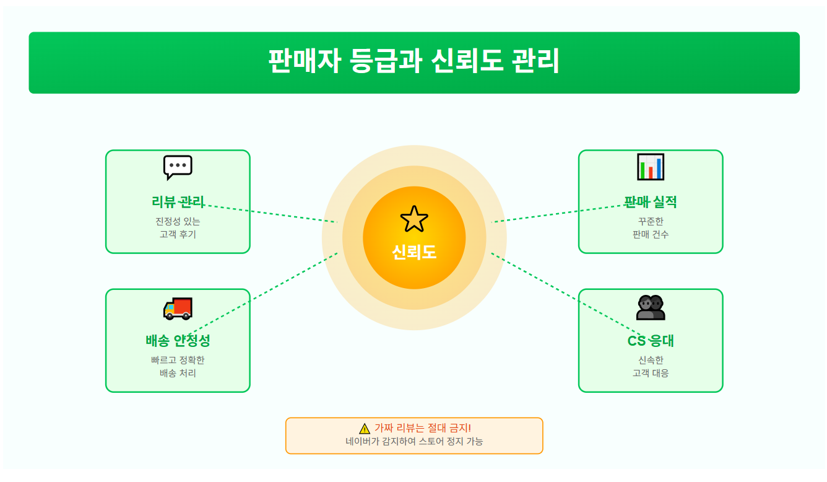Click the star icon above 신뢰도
click(x=414, y=219)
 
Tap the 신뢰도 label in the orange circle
click(x=414, y=252)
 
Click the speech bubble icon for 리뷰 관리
click(x=178, y=167)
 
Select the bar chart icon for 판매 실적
click(x=651, y=167)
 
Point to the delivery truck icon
click(x=178, y=308)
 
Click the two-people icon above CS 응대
click(x=651, y=307)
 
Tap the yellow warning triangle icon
click(x=365, y=429)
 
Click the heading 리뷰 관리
click(x=178, y=202)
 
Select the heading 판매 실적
click(x=651, y=202)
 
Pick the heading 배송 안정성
click(x=178, y=341)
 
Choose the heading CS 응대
click(x=651, y=341)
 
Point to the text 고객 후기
click(x=178, y=234)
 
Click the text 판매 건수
click(x=651, y=234)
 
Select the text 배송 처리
click(x=178, y=373)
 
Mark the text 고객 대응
click(x=651, y=373)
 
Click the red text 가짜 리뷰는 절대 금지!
click(x=423, y=428)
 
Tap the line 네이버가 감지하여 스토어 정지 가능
click(x=414, y=442)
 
